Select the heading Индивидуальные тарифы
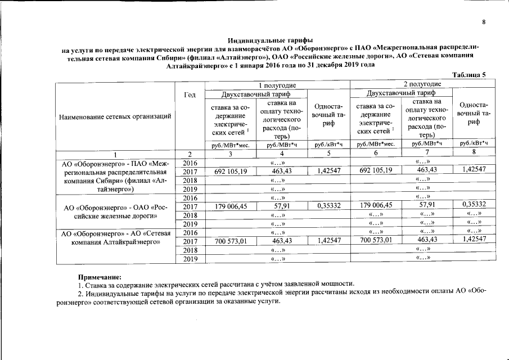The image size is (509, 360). click(270, 40)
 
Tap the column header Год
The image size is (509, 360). click(190, 96)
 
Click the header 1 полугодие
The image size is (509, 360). click(278, 84)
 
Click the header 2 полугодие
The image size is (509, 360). click(422, 84)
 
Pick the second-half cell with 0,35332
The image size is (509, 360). click(474, 206)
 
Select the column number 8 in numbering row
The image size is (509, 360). click(474, 153)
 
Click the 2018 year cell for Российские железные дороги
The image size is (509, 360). click(190, 215)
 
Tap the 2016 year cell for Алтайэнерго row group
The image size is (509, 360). click(190, 162)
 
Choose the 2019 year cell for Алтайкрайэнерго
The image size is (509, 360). click(190, 259)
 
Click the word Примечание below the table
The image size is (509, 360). click(100, 277)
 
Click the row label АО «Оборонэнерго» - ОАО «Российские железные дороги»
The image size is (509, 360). click(115, 210)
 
